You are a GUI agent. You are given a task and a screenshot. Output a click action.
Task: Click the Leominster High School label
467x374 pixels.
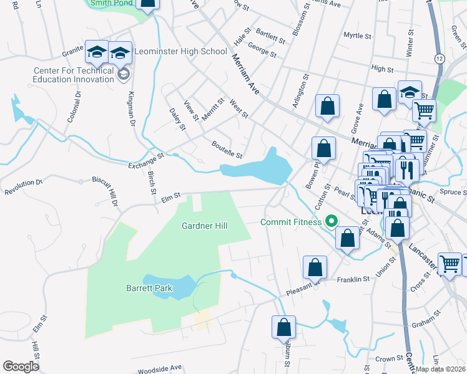click(181, 51)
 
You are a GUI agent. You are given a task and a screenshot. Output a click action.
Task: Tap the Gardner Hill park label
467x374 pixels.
click(202, 226)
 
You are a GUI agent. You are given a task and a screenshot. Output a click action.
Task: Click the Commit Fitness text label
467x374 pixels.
click(291, 221)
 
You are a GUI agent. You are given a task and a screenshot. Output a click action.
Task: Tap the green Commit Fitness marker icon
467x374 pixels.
click(332, 221)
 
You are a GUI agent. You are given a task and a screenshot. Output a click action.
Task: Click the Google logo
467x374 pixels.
click(21, 367)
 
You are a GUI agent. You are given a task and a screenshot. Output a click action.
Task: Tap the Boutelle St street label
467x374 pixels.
click(226, 150)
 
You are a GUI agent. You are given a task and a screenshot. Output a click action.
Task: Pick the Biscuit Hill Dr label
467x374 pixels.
click(106, 189)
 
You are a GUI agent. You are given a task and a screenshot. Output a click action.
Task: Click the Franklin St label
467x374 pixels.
click(353, 279)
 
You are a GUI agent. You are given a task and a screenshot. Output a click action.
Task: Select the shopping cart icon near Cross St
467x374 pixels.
click(450, 264)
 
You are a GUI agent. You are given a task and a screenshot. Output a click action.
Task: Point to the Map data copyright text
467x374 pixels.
click(440, 369)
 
